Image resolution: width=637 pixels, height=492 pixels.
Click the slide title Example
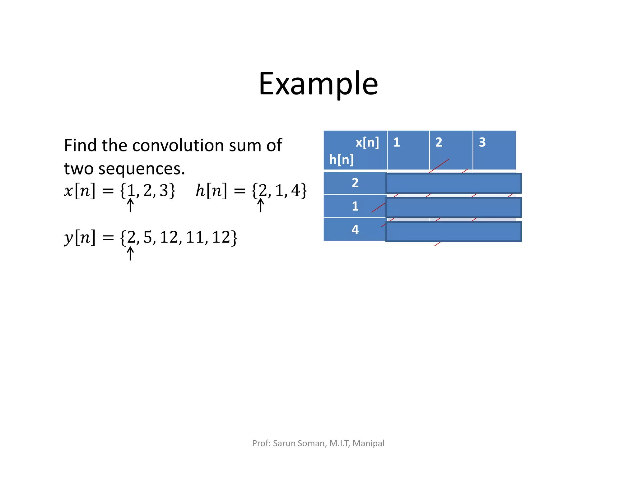(x=318, y=84)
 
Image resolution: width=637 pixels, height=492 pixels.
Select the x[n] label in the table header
(x=367, y=142)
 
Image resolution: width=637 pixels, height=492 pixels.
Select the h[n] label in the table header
(x=341, y=160)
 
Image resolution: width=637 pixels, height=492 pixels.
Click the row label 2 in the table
(x=355, y=183)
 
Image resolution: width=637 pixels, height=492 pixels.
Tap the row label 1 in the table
(x=355, y=206)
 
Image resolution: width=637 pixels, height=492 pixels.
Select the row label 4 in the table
(x=355, y=230)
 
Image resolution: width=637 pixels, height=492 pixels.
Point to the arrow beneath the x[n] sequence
(x=131, y=205)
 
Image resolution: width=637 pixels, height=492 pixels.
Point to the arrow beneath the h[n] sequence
(x=261, y=205)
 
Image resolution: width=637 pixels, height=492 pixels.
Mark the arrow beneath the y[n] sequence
(x=131, y=253)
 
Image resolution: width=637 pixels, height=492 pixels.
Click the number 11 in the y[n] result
(x=195, y=237)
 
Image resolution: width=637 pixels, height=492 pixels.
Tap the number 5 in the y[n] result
(x=147, y=237)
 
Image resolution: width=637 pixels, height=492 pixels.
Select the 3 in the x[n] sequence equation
(x=164, y=191)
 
